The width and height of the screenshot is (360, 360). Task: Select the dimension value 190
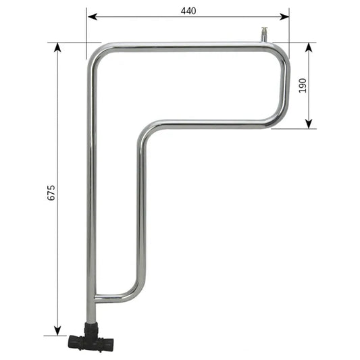pos(303,85)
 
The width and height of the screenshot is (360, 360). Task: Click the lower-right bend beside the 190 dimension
pos(278,118)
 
